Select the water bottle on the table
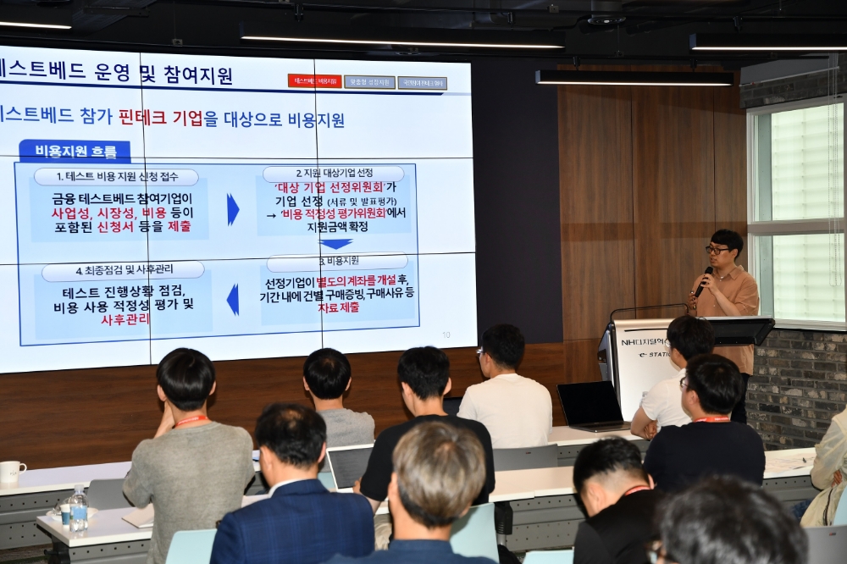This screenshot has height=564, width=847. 78,510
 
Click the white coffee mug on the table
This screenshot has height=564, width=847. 11,472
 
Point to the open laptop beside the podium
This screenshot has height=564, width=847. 591,406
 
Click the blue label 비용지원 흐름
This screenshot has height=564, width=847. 75,152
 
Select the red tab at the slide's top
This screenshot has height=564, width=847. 314,81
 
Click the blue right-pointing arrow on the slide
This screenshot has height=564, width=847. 232,209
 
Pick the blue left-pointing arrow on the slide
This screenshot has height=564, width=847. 232,299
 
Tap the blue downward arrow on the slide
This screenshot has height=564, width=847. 336,244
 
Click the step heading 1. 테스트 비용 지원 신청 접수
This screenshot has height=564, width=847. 116,177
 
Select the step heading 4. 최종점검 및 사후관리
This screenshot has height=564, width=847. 123,270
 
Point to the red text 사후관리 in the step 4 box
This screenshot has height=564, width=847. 125,319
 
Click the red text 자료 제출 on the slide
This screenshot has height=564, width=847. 337,307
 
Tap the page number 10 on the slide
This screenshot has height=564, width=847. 446,335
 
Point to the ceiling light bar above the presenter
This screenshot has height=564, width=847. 634,78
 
